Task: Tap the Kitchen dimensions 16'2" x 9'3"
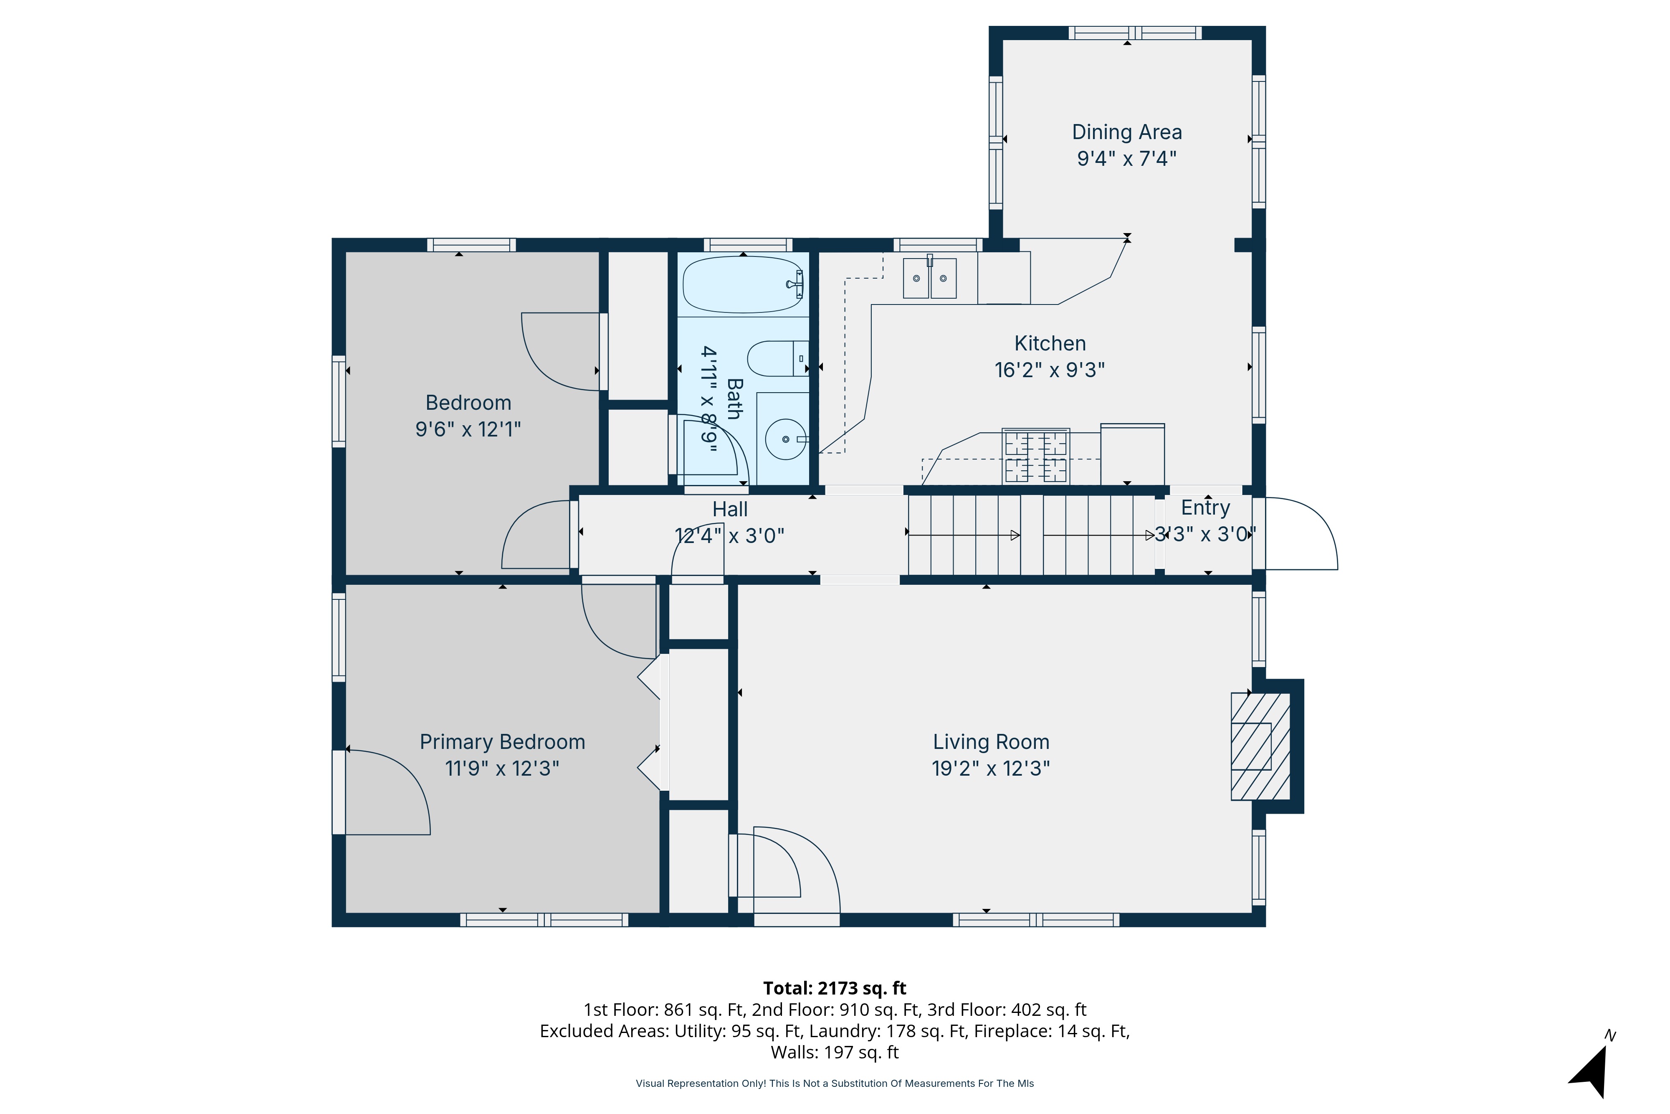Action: pos(1050,370)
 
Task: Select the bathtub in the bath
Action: pos(743,284)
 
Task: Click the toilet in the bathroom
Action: pos(777,359)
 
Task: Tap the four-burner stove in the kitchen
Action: pos(1035,455)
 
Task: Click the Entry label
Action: pos(1205,508)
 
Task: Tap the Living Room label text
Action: pos(990,742)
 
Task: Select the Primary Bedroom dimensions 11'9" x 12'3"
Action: pos(502,769)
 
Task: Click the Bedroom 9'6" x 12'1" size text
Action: pos(468,429)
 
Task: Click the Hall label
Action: pos(730,510)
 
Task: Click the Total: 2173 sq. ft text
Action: pos(834,988)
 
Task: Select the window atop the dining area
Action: pos(1135,33)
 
